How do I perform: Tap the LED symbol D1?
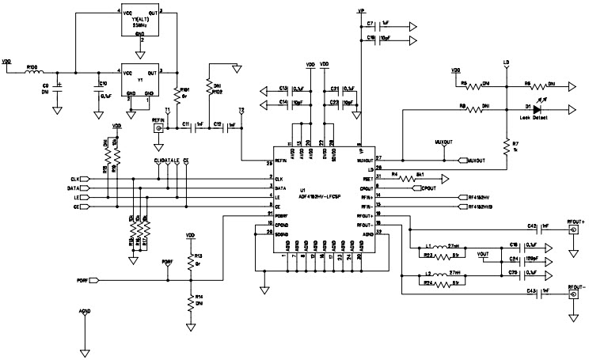pos(539,109)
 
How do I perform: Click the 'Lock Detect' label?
pos(535,117)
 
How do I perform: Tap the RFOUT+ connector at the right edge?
pos(572,230)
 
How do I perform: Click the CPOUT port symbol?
pos(428,189)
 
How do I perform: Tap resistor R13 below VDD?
pos(190,259)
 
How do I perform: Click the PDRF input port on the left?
pos(94,281)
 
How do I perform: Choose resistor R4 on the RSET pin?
pos(409,180)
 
